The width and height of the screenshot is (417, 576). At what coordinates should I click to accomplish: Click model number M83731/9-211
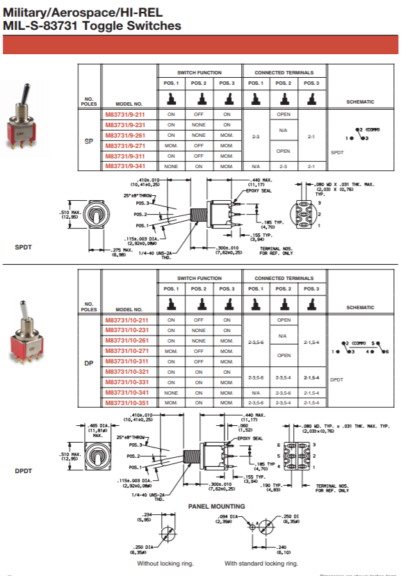[125, 114]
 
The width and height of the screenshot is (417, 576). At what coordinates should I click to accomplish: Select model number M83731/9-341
[125, 166]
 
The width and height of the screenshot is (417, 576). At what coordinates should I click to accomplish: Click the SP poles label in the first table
[88, 140]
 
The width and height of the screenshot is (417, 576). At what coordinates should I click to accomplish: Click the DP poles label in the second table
[88, 361]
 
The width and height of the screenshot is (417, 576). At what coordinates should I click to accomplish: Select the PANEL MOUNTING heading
[217, 506]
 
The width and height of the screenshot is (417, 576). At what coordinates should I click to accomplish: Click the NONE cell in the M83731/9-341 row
[171, 166]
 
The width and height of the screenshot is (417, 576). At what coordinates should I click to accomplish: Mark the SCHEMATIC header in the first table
[360, 101]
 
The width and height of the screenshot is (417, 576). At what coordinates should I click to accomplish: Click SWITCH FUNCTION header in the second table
[199, 278]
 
